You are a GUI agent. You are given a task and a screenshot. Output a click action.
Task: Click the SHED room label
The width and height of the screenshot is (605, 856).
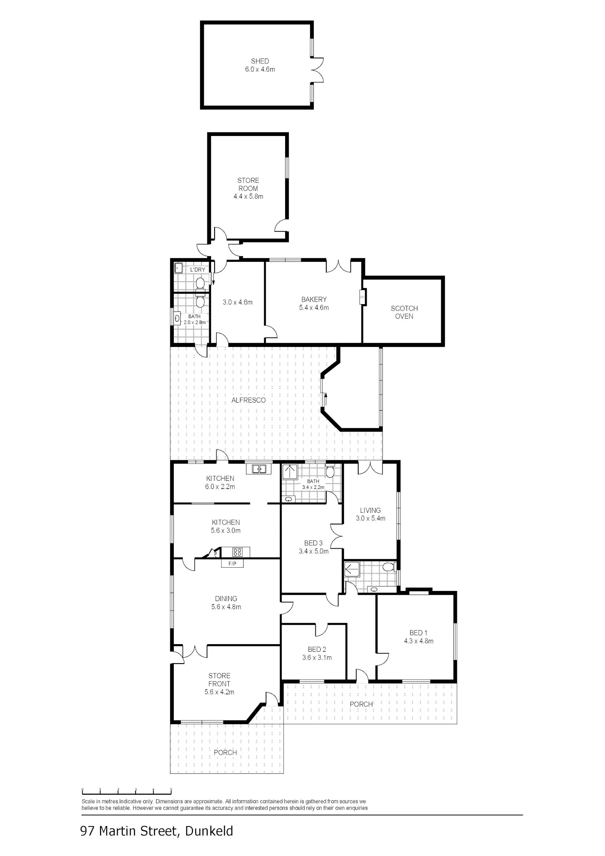260,61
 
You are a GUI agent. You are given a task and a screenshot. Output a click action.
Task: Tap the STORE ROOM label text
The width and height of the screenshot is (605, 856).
248,184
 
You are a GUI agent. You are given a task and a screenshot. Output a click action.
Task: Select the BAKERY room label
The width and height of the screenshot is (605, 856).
314,299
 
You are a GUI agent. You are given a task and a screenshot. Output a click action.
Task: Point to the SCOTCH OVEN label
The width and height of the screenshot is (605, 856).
404,312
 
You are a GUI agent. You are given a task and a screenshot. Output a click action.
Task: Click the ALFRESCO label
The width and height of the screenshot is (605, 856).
248,400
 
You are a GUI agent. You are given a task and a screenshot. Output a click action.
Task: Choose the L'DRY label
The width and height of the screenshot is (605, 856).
198,269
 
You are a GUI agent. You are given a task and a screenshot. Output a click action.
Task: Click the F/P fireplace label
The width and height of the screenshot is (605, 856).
232,564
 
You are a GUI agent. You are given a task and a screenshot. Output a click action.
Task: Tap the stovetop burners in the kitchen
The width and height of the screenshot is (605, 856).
237,552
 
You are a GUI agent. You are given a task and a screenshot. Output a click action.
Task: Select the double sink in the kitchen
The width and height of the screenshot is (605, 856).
259,469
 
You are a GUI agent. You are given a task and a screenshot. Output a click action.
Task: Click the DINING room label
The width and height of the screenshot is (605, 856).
226,599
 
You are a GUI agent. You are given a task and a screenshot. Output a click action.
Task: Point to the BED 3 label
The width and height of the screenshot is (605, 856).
313,543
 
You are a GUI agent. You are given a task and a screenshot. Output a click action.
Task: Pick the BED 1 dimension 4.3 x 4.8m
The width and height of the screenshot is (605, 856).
419,641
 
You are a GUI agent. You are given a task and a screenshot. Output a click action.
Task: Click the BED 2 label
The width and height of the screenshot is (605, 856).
317,649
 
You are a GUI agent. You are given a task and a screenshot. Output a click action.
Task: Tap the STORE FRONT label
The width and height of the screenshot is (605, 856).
219,680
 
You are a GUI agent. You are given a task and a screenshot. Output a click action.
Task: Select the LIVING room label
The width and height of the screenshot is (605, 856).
370,510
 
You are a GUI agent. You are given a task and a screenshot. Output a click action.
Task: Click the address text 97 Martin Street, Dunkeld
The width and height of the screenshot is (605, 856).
157,831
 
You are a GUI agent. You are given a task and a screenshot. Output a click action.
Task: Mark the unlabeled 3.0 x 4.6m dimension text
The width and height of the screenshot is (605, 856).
238,302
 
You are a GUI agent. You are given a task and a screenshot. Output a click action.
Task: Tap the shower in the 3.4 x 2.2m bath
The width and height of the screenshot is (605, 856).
290,472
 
